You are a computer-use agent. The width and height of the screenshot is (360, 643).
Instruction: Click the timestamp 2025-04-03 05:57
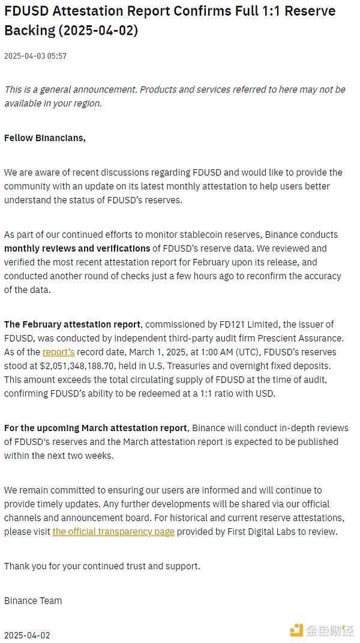coord(35,56)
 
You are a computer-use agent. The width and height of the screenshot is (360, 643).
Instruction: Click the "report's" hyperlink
coord(58,352)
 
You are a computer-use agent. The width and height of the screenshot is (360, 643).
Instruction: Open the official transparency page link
coord(113,532)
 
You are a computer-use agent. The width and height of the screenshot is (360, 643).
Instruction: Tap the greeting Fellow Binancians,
coord(45,138)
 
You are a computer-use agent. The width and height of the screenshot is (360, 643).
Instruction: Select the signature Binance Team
coord(33,600)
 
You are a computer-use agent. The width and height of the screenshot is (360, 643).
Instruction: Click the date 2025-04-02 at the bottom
coord(27,635)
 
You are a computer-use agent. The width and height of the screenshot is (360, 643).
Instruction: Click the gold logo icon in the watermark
coord(296,630)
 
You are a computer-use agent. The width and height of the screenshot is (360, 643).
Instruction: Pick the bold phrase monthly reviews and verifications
coord(77,249)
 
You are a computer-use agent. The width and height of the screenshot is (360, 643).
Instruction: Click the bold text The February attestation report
coord(73,325)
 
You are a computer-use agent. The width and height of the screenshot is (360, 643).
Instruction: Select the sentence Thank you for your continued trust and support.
coord(102,566)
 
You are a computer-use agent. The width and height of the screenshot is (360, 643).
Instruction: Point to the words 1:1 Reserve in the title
coord(283,11)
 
